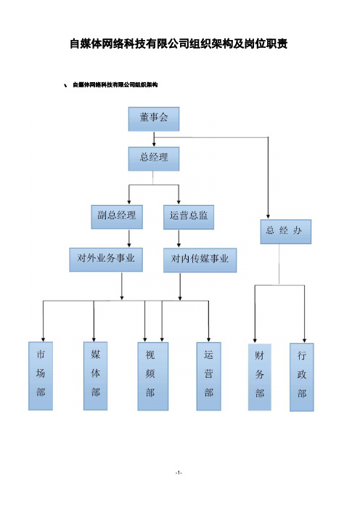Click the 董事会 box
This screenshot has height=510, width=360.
click(x=154, y=119)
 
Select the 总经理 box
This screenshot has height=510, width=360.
click(x=154, y=158)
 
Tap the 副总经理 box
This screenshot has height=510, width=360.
click(x=117, y=216)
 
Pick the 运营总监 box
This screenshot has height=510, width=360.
click(x=189, y=217)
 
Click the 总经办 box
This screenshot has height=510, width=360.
click(x=285, y=232)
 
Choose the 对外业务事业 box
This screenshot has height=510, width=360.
click(x=106, y=259)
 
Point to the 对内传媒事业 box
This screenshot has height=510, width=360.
click(x=200, y=260)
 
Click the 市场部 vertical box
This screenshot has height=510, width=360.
click(x=41, y=376)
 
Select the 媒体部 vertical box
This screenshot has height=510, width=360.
click(x=96, y=376)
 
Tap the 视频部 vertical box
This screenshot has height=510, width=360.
click(x=153, y=376)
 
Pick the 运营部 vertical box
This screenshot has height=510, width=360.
click(x=208, y=376)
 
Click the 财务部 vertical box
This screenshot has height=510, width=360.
click(x=260, y=377)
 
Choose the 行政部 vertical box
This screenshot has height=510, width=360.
click(x=302, y=377)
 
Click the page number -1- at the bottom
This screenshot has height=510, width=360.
click(x=179, y=473)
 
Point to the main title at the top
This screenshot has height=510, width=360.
click(x=179, y=44)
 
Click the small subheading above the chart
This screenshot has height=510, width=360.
click(x=115, y=85)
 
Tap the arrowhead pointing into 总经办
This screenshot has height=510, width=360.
click(x=268, y=216)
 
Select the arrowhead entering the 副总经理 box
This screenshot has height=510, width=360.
click(x=129, y=202)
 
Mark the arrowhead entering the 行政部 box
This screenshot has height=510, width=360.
click(x=304, y=340)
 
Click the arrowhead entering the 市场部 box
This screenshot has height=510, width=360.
click(x=43, y=339)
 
